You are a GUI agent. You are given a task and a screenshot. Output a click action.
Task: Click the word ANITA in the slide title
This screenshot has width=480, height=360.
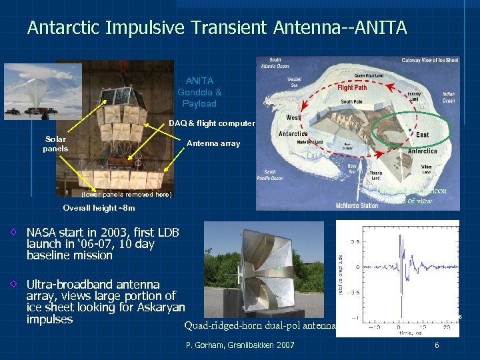click(374, 28)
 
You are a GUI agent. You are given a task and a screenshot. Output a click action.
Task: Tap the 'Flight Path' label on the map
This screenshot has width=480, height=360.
click(352, 87)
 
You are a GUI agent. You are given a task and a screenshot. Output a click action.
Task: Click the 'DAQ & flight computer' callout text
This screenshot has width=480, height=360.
click(211, 123)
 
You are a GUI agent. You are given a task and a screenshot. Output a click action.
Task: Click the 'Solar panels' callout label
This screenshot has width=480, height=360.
click(55, 144)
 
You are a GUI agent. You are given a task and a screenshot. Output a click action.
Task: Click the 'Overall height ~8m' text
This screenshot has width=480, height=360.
click(99, 208)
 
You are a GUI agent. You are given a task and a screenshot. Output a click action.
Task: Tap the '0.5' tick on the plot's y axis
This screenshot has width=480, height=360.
click(355, 241)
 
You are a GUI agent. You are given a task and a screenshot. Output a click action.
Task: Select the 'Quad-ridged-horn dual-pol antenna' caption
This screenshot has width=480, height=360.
click(261, 325)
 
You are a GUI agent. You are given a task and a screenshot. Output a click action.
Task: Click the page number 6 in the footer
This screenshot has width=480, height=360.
click(437, 345)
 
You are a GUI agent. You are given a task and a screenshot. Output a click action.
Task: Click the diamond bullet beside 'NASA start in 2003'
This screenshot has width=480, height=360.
click(15, 233)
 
